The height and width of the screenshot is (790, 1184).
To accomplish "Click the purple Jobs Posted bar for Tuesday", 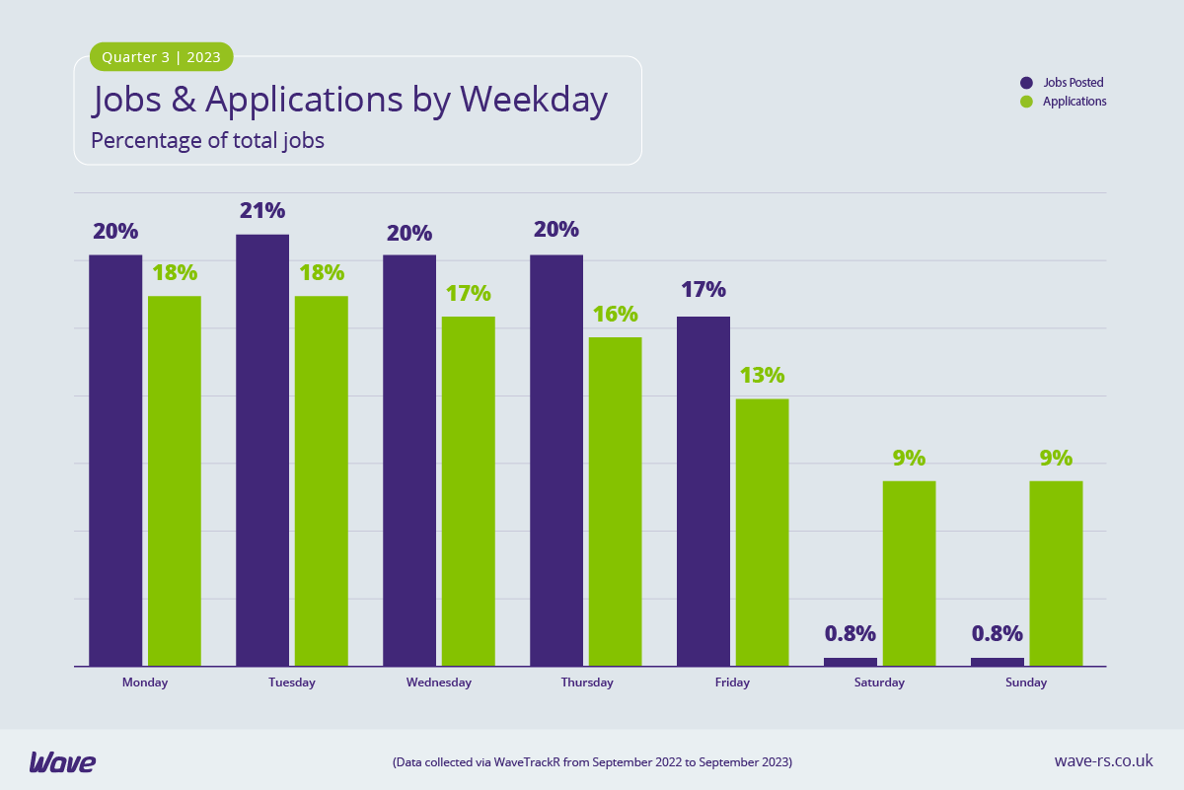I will [x=262, y=450].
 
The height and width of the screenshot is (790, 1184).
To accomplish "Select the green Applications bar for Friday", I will [x=762, y=533].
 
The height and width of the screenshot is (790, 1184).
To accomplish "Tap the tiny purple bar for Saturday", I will [x=850, y=662].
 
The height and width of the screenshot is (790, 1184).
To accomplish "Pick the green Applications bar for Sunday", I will [x=1056, y=573].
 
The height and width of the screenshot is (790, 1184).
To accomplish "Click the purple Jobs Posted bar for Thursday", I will [x=556, y=460].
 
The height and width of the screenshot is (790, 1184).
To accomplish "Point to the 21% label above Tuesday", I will [x=261, y=210].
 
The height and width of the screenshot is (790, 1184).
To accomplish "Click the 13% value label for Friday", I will [x=762, y=375].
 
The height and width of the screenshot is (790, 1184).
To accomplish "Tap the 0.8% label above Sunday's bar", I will [x=997, y=633].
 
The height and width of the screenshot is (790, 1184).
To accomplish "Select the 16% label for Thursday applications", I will [x=615, y=314].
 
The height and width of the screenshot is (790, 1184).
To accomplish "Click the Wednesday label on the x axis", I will [x=439, y=682].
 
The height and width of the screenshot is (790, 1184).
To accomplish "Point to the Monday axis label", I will [x=145, y=682].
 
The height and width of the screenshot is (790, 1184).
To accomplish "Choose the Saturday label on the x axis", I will [x=879, y=682].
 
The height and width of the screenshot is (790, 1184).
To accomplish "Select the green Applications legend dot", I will [x=1026, y=102].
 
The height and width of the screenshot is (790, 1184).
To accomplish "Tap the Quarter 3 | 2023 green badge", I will [x=162, y=57].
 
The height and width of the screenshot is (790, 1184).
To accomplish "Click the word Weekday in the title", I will [x=534, y=100].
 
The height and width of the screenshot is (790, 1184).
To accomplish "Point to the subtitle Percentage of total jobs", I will [x=207, y=141].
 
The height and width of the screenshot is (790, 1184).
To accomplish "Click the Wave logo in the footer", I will [x=62, y=761].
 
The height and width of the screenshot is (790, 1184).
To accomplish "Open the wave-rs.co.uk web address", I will [x=1103, y=760].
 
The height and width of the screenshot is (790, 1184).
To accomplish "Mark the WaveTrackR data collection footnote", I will [x=592, y=762].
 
